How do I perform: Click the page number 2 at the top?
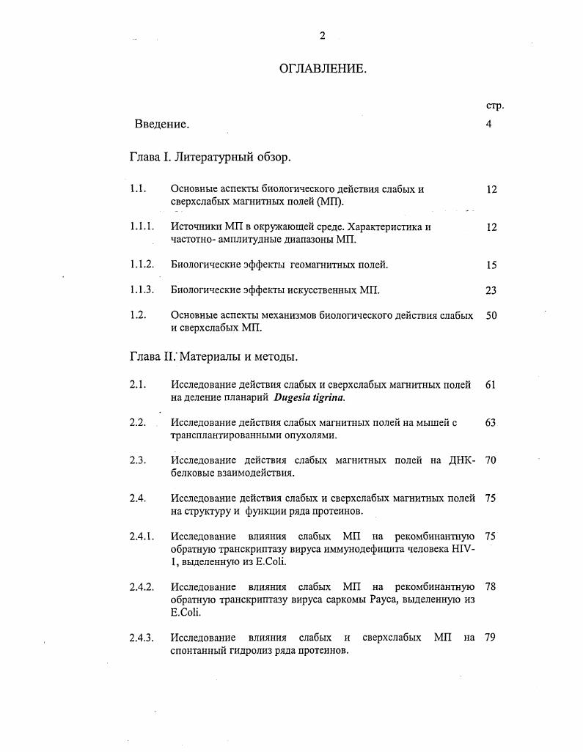click(x=322, y=36)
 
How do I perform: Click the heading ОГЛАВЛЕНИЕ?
click(x=322, y=69)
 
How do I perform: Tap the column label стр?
click(x=495, y=106)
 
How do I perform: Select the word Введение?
click(x=162, y=124)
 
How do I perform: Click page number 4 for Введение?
click(x=488, y=124)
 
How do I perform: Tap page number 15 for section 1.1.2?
click(x=491, y=265)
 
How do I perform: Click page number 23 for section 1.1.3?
click(x=491, y=290)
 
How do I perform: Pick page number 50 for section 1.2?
click(x=491, y=315)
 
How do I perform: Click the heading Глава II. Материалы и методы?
click(x=213, y=357)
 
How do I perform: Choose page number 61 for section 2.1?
click(x=491, y=385)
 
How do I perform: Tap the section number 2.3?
click(x=137, y=460)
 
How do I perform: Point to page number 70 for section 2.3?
click(x=491, y=460)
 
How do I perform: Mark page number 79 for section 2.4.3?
click(x=491, y=638)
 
